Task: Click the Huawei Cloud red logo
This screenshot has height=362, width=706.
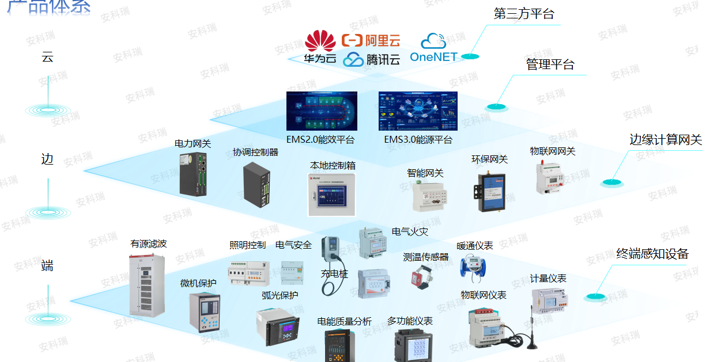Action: click(x=320, y=41)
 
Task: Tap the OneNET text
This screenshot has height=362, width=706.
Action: click(x=433, y=56)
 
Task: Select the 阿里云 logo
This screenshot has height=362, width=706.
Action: click(x=371, y=40)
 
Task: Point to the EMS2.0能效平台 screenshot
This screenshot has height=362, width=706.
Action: click(x=322, y=111)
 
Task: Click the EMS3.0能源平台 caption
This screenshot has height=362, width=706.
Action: click(x=418, y=140)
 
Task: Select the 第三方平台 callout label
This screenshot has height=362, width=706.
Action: click(x=524, y=14)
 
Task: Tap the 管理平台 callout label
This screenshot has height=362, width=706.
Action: click(x=550, y=64)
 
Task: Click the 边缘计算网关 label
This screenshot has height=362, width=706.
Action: click(x=666, y=140)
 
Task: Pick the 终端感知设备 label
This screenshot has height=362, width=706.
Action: click(x=652, y=254)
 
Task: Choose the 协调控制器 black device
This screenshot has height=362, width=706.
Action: click(x=256, y=183)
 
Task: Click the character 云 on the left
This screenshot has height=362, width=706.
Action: click(x=47, y=57)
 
